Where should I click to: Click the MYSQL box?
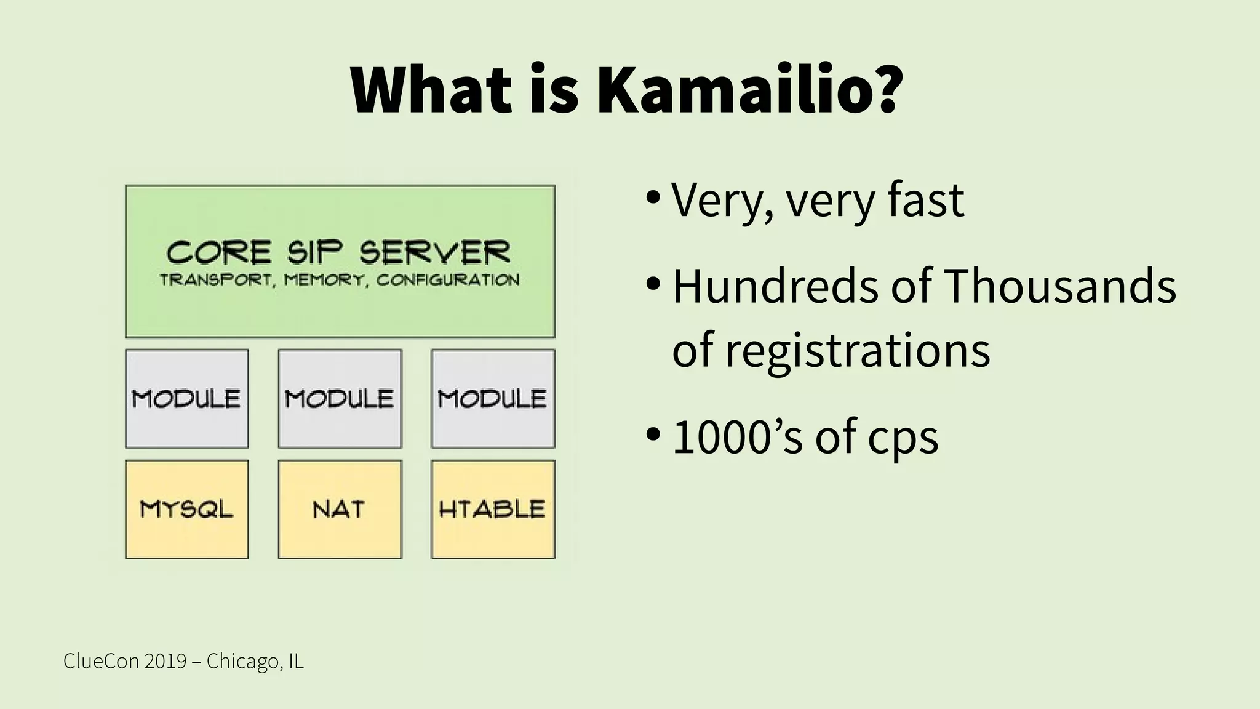(187, 509)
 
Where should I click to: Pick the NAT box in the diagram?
(340, 509)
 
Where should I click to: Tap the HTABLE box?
(493, 509)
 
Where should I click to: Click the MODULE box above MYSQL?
(187, 399)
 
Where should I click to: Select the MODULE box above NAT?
(340, 399)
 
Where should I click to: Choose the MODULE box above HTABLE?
(493, 399)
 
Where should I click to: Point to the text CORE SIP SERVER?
(339, 253)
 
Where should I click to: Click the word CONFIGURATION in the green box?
(448, 281)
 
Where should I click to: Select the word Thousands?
(1059, 287)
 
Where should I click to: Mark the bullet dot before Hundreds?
(653, 285)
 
